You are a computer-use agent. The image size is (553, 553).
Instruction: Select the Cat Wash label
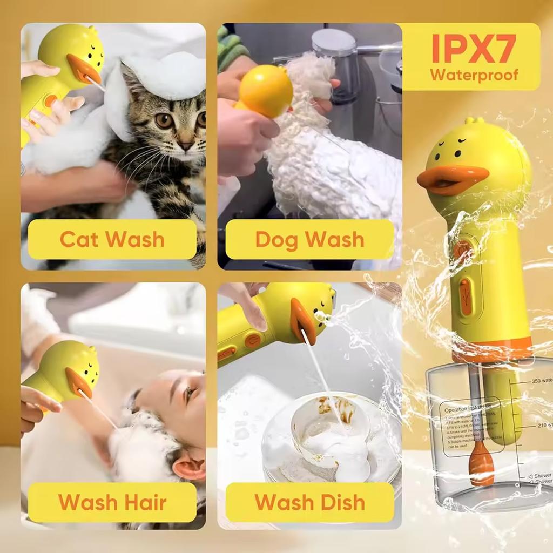coord(112,239)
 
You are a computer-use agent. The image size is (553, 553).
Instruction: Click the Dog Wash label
coord(309,239)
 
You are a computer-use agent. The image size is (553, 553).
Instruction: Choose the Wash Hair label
coord(112,502)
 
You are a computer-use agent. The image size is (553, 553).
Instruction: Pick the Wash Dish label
coord(309,502)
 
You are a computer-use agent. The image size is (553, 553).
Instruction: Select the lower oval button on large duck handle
coord(465,296)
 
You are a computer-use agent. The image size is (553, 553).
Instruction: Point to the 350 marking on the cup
coord(541,381)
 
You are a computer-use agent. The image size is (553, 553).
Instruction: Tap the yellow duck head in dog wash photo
coord(266,90)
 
